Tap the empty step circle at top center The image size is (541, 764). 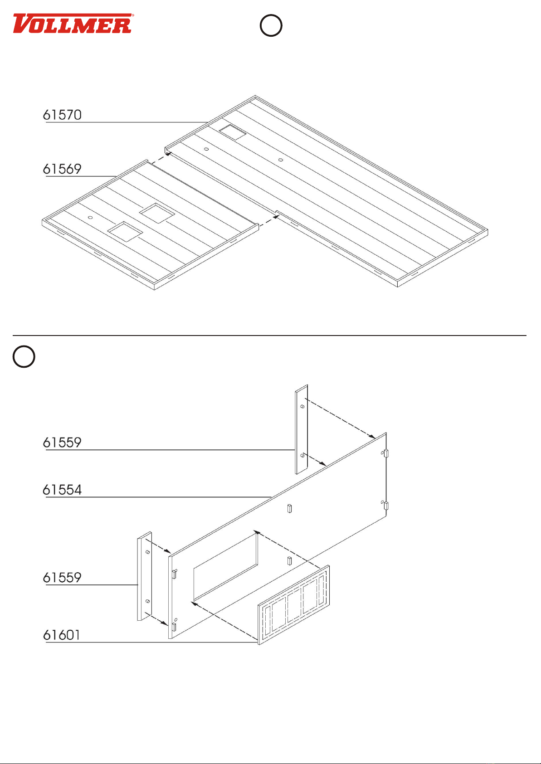(271, 26)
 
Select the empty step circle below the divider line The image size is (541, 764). (24, 356)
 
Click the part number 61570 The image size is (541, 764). (63, 115)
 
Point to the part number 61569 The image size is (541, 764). (62, 169)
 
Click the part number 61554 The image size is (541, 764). (62, 490)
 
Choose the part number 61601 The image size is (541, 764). (62, 635)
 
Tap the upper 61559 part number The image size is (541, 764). (62, 443)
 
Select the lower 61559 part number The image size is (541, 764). (62, 578)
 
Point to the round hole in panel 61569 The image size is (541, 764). (90, 218)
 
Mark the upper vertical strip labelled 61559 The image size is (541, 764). (302, 429)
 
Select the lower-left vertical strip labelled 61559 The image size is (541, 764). (144, 576)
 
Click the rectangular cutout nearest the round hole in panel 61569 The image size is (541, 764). (125, 231)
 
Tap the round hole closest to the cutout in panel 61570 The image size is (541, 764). (206, 149)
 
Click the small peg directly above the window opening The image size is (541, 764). (289, 508)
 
